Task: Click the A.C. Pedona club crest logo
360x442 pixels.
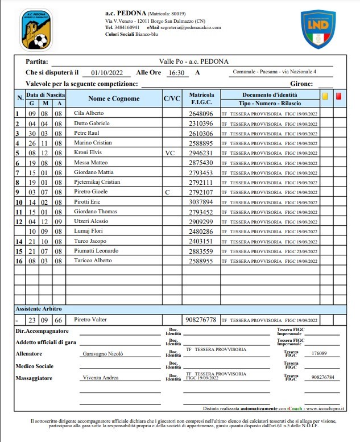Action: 35,28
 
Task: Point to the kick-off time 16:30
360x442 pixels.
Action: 176,73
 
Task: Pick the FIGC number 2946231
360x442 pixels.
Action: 201,153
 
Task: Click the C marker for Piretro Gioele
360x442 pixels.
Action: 168,193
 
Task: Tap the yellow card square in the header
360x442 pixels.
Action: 325,96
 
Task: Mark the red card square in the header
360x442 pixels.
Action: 339,96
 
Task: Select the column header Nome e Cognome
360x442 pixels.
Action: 114,98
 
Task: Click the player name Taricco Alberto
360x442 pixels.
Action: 93,261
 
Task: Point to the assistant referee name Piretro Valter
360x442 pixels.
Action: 90,320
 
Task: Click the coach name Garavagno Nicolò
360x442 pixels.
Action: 103,354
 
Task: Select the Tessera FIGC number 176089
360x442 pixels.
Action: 319,354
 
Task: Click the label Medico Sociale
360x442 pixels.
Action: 35,366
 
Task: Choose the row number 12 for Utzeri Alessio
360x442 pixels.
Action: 18,221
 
